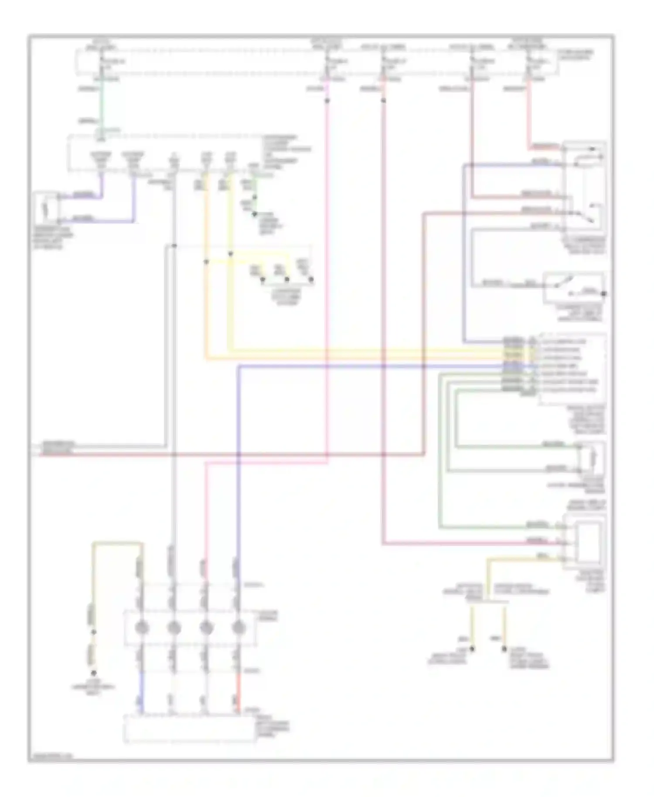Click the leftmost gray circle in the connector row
(142, 628)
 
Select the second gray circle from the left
(174, 628)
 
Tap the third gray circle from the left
(206, 628)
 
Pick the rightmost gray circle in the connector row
(238, 628)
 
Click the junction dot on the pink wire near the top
(327, 101)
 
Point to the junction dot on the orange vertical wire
(206, 262)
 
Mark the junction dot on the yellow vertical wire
(231, 254)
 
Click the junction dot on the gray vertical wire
(174, 246)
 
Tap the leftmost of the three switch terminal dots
(262, 279)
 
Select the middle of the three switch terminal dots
(287, 279)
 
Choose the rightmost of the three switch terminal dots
(312, 279)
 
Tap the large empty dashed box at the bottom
(190, 729)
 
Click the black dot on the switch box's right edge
(604, 294)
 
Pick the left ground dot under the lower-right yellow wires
(472, 649)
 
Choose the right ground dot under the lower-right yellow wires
(504, 649)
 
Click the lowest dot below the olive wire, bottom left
(93, 673)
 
